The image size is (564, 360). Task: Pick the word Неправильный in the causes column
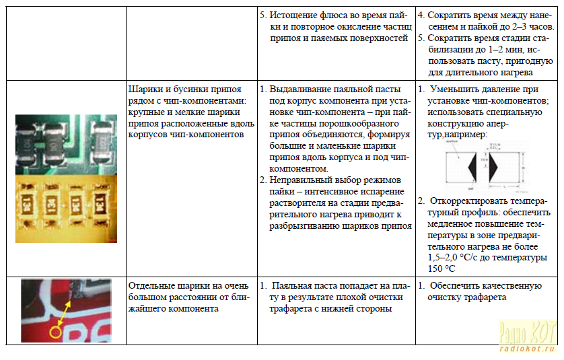[x=301, y=180]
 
